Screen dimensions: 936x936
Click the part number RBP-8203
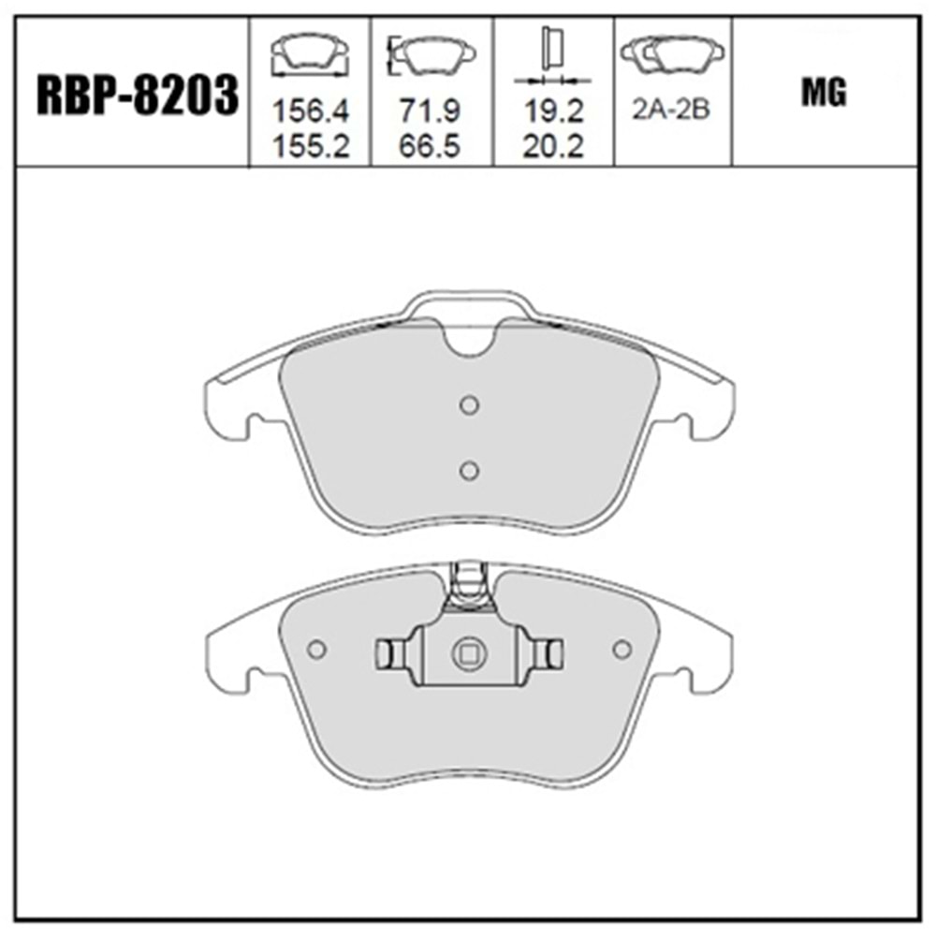click(x=138, y=95)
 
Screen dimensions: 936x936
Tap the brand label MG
click(x=824, y=93)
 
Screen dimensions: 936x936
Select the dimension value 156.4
click(x=310, y=111)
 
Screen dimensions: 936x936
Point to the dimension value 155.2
click(x=310, y=146)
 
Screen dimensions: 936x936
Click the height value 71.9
click(x=431, y=111)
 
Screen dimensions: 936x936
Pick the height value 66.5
click(x=431, y=146)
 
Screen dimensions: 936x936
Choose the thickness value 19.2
click(x=553, y=111)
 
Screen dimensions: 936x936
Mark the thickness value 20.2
click(x=553, y=146)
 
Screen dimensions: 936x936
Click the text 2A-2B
click(x=671, y=110)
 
